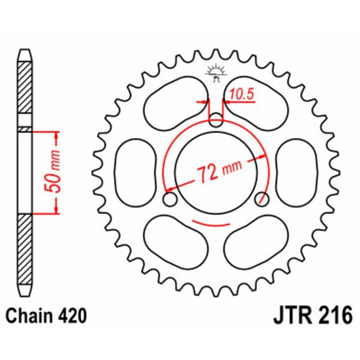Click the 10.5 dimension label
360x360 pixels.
point(242,94)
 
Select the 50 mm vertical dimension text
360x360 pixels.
point(52,171)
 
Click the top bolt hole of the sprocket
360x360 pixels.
point(216,120)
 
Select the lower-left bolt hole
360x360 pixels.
point(170,199)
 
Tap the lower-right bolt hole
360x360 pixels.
point(262,199)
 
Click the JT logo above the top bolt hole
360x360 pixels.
point(216,73)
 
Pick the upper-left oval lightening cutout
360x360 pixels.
point(176,103)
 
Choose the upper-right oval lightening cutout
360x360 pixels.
point(256,103)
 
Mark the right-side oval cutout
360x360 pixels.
point(297,173)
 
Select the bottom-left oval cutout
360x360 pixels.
point(176,242)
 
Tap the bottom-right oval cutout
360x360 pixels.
point(256,242)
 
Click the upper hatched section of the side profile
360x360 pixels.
point(25,87)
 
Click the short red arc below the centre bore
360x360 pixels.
point(211,224)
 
